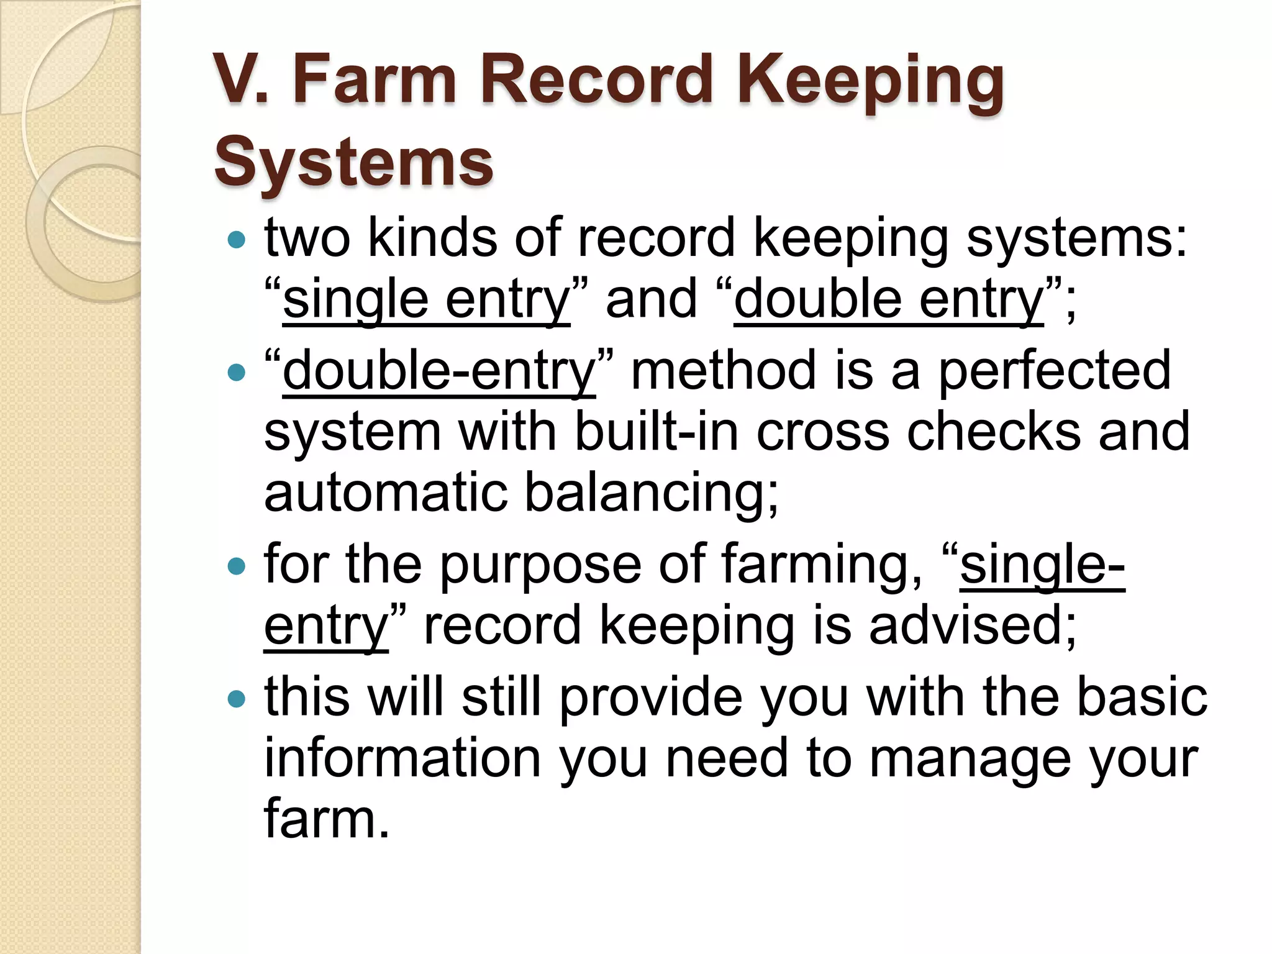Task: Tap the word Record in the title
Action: point(596,79)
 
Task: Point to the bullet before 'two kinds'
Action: point(236,240)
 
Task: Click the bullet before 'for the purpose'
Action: point(236,566)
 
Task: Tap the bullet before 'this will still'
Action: point(236,699)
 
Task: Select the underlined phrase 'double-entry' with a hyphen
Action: point(438,371)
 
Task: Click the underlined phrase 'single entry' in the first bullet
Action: point(426,300)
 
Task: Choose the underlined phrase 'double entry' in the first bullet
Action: point(888,300)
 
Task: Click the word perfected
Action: point(1054,371)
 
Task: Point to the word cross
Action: point(822,432)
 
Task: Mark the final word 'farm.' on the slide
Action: point(327,819)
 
